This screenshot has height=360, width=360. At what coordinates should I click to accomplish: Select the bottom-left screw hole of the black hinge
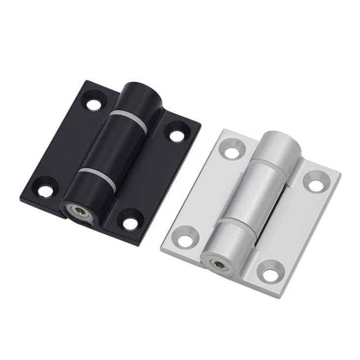[45, 190]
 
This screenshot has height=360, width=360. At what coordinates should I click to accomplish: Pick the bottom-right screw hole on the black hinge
[130, 223]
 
